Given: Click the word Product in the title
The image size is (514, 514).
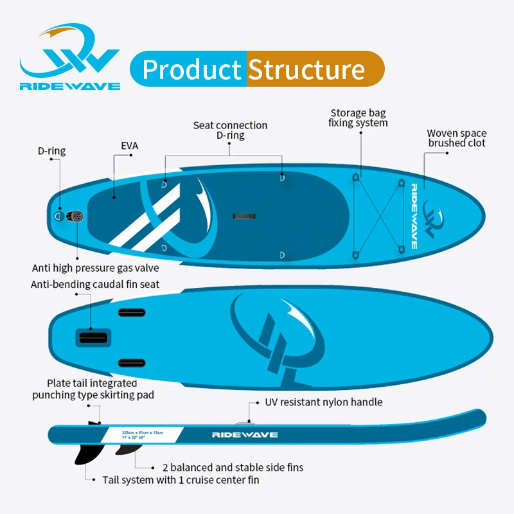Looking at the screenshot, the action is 191,69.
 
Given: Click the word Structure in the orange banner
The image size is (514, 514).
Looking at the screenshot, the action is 306,69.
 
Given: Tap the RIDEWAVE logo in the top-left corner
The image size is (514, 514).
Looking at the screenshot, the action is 70,58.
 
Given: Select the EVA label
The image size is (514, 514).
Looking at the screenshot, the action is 130,146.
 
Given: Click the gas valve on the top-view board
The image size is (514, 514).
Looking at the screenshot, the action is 77,217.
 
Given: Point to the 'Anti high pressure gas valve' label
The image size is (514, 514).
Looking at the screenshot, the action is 96,267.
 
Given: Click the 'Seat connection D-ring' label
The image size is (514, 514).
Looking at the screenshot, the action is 230,130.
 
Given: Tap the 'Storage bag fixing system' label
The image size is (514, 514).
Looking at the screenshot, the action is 358,117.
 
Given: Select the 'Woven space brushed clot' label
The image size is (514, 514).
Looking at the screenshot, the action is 456,138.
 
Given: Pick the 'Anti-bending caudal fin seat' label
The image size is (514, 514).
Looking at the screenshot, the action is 95,284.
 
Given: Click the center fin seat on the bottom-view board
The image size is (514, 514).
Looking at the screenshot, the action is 94,337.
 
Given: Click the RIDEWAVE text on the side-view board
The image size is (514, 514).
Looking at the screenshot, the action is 245,435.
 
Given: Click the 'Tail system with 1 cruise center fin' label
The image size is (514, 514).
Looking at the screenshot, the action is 181,480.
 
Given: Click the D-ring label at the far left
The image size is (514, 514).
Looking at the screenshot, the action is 51,152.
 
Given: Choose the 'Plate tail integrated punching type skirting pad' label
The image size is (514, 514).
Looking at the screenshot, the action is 93,389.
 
